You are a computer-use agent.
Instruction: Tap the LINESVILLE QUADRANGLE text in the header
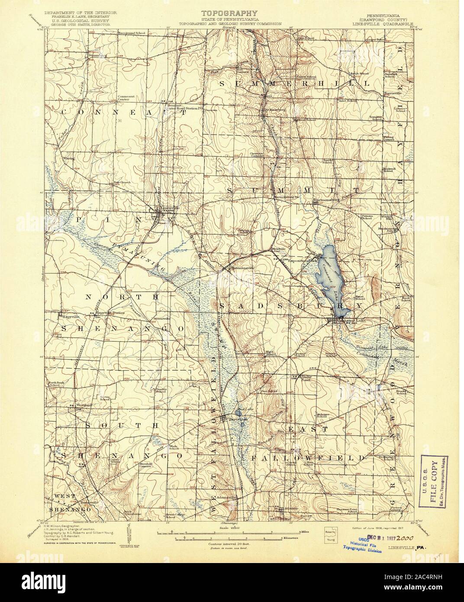pos(385,24)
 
